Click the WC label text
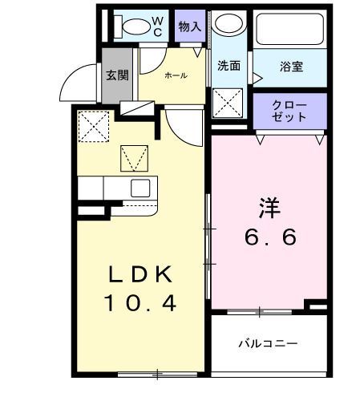pyautogui.click(x=157, y=25)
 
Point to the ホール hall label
pyautogui.click(x=176, y=75)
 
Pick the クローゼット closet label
pyautogui.click(x=289, y=111)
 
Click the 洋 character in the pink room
pyautogui.click(x=268, y=206)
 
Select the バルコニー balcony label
pyautogui.click(x=268, y=343)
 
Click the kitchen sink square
pyautogui.click(x=140, y=188)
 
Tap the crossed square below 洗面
pyautogui.click(x=229, y=103)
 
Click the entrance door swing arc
pyautogui.click(x=80, y=80)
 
